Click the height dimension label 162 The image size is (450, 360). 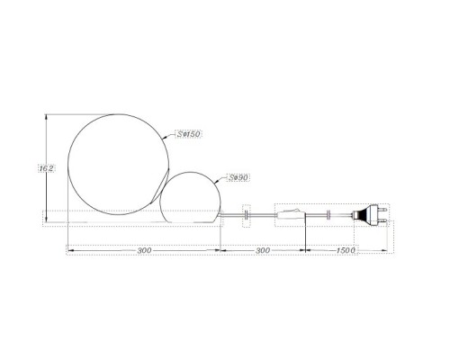click(x=47, y=168)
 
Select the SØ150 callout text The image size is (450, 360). click(x=188, y=134)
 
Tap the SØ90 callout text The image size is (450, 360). click(x=238, y=177)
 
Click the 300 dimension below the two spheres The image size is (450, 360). click(x=144, y=250)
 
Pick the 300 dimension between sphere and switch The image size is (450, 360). click(x=263, y=250)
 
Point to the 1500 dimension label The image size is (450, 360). click(x=346, y=250)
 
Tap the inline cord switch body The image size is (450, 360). click(x=291, y=215)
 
